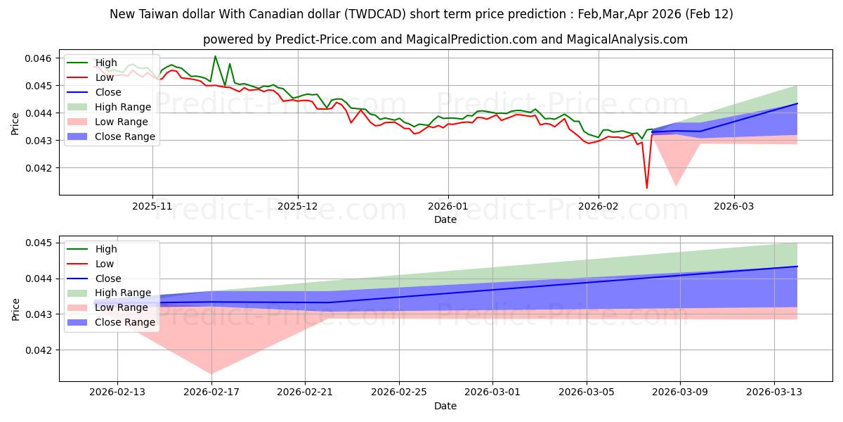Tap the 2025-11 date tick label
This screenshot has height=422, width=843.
[152, 207]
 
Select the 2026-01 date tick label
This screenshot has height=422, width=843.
[448, 207]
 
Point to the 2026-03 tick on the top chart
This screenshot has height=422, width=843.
[734, 207]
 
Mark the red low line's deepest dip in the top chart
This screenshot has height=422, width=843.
[647, 188]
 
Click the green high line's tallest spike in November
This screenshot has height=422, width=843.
[215, 56]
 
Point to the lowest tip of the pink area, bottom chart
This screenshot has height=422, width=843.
[211, 373]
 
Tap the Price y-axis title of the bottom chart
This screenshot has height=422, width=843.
[16, 309]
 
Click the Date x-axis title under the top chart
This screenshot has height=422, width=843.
[445, 219]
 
